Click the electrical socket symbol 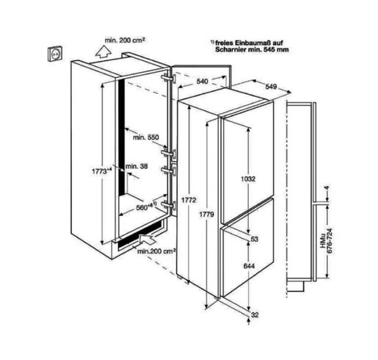pyautogui.click(x=55, y=54)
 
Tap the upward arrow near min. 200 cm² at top pyautogui.click(x=103, y=52)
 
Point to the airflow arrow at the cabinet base pyautogui.click(x=148, y=239)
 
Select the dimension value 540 pyautogui.click(x=203, y=82)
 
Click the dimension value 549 pyautogui.click(x=271, y=87)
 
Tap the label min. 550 pyautogui.click(x=146, y=137)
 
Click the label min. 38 pyautogui.click(x=137, y=166)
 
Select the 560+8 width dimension pyautogui.click(x=146, y=206)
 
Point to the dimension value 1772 pyautogui.click(x=189, y=200)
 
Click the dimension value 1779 pyautogui.click(x=206, y=215)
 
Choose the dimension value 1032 pyautogui.click(x=248, y=179)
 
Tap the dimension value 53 pyautogui.click(x=255, y=239)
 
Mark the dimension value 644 pyautogui.click(x=249, y=266)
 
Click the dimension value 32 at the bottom pyautogui.click(x=255, y=314)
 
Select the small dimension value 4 pyautogui.click(x=327, y=188)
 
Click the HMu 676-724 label pyautogui.click(x=327, y=241)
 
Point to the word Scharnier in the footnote pyautogui.click(x=230, y=49)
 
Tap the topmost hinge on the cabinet pyautogui.click(x=168, y=78)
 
